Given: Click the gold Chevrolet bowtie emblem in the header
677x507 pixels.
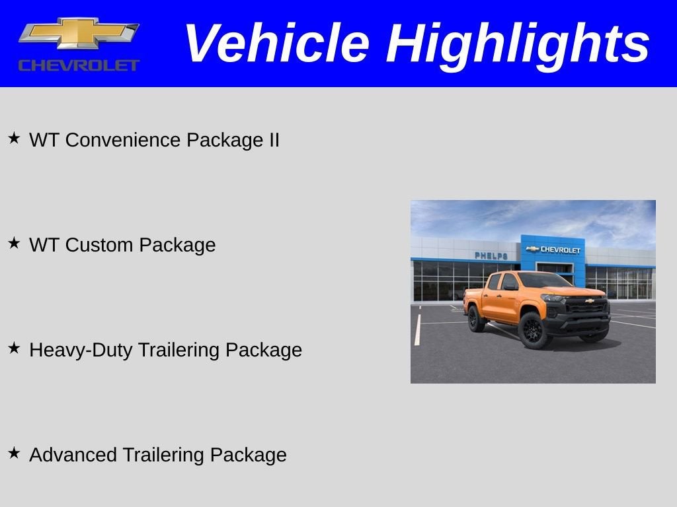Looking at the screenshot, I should pyautogui.click(x=79, y=33).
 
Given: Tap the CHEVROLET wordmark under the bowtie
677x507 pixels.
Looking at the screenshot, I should pyautogui.click(x=79, y=65).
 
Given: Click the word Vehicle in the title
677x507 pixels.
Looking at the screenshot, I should pyautogui.click(x=276, y=44).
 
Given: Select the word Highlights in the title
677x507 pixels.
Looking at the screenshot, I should pyautogui.click(x=518, y=44).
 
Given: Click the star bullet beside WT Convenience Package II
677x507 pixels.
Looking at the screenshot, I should pyautogui.click(x=14, y=138).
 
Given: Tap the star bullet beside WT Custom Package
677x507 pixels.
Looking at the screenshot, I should pyautogui.click(x=14, y=243).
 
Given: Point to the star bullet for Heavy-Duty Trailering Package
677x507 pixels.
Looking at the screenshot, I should pyautogui.click(x=14, y=348).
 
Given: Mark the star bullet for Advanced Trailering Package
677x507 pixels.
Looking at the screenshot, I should pyautogui.click(x=14, y=453).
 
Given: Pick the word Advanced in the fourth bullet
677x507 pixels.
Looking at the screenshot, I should pyautogui.click(x=72, y=455).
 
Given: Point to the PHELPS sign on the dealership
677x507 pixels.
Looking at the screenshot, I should pyautogui.click(x=491, y=255).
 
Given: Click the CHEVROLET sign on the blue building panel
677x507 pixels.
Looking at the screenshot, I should pyautogui.click(x=554, y=250).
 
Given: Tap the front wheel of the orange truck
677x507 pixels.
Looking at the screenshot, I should pyautogui.click(x=532, y=329).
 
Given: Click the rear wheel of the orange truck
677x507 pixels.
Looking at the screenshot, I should pyautogui.click(x=476, y=318).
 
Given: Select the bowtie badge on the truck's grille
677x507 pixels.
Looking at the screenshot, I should pyautogui.click(x=589, y=300).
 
